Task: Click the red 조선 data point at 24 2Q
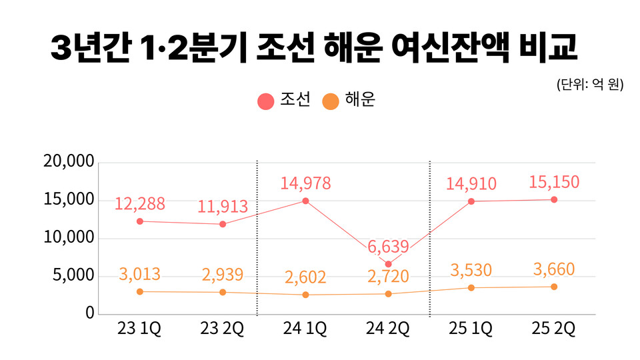click(x=388, y=264)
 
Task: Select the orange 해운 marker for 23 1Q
click(x=139, y=291)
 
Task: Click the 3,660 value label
click(x=554, y=269)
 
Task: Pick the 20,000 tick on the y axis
click(x=69, y=162)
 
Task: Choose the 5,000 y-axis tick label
click(x=73, y=276)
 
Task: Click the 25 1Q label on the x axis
click(x=471, y=329)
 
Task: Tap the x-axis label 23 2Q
click(x=223, y=329)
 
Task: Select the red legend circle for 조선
click(x=266, y=101)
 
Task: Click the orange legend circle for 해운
click(x=331, y=101)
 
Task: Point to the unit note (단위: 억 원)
click(x=589, y=85)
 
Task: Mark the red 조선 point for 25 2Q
click(x=554, y=199)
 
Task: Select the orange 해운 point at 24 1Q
click(x=305, y=295)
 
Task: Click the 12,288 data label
click(x=140, y=204)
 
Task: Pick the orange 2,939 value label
click(x=223, y=275)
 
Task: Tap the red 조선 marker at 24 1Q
click(x=305, y=201)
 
